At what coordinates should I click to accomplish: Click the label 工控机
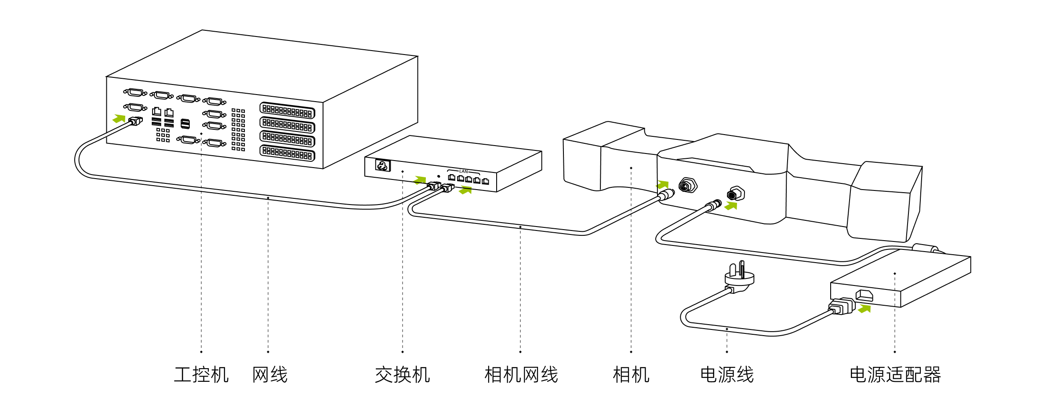(x=201, y=375)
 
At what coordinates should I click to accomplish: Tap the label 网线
(x=270, y=375)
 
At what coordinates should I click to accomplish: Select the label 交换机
(x=402, y=375)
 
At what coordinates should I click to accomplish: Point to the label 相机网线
(x=521, y=375)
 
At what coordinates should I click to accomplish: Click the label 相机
(x=631, y=375)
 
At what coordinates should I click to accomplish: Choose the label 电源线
(x=727, y=375)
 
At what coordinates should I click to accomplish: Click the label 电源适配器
(x=895, y=375)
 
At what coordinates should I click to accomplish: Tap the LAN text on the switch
(x=464, y=171)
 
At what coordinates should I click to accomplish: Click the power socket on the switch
(x=382, y=165)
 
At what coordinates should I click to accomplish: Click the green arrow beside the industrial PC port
(x=119, y=118)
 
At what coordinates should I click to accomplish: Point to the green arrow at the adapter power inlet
(x=864, y=308)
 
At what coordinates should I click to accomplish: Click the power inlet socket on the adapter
(x=864, y=296)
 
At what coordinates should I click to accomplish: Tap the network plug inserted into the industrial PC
(x=136, y=121)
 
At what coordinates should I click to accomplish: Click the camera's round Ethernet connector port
(x=687, y=186)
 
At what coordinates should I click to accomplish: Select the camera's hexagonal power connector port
(x=736, y=194)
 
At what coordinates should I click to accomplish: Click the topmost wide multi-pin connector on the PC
(x=287, y=110)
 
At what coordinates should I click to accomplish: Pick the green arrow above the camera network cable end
(x=663, y=184)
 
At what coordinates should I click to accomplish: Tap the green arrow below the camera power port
(x=731, y=205)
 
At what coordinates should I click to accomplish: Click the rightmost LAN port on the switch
(x=485, y=181)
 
